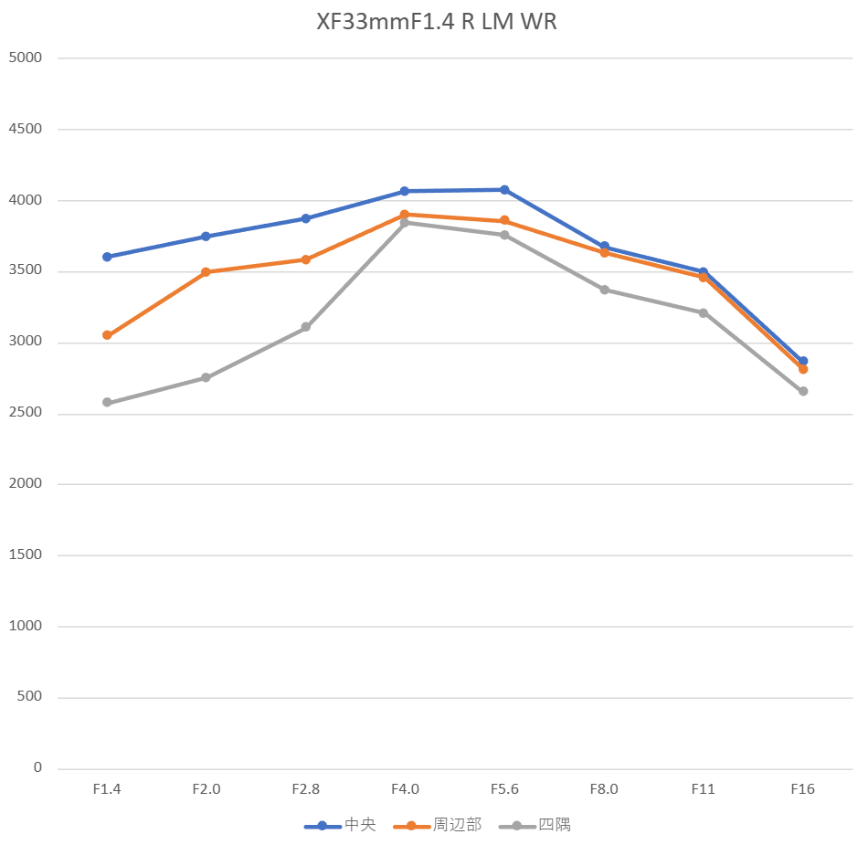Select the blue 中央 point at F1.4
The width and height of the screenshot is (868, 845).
tap(107, 257)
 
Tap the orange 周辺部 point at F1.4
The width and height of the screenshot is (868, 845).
tap(107, 335)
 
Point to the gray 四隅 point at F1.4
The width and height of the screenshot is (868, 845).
tap(107, 402)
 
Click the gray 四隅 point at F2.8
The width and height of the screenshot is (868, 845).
tap(306, 327)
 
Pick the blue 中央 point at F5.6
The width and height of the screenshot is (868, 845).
tap(504, 190)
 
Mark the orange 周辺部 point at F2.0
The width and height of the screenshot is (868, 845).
tap(206, 272)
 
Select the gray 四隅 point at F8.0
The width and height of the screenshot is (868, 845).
tap(604, 290)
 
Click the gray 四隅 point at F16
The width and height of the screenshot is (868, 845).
tap(803, 391)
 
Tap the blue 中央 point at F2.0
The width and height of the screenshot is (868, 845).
tap(206, 237)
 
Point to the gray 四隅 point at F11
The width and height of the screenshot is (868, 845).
tap(704, 312)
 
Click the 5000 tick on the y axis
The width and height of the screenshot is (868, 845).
tap(25, 58)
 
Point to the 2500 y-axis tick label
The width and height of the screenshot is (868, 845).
tap(25, 414)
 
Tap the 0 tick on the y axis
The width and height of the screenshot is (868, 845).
tap(37, 768)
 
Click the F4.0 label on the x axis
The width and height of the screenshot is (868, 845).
tap(405, 789)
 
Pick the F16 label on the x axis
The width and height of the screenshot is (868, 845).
tap(803, 789)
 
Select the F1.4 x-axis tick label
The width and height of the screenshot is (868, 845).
tap(107, 789)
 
